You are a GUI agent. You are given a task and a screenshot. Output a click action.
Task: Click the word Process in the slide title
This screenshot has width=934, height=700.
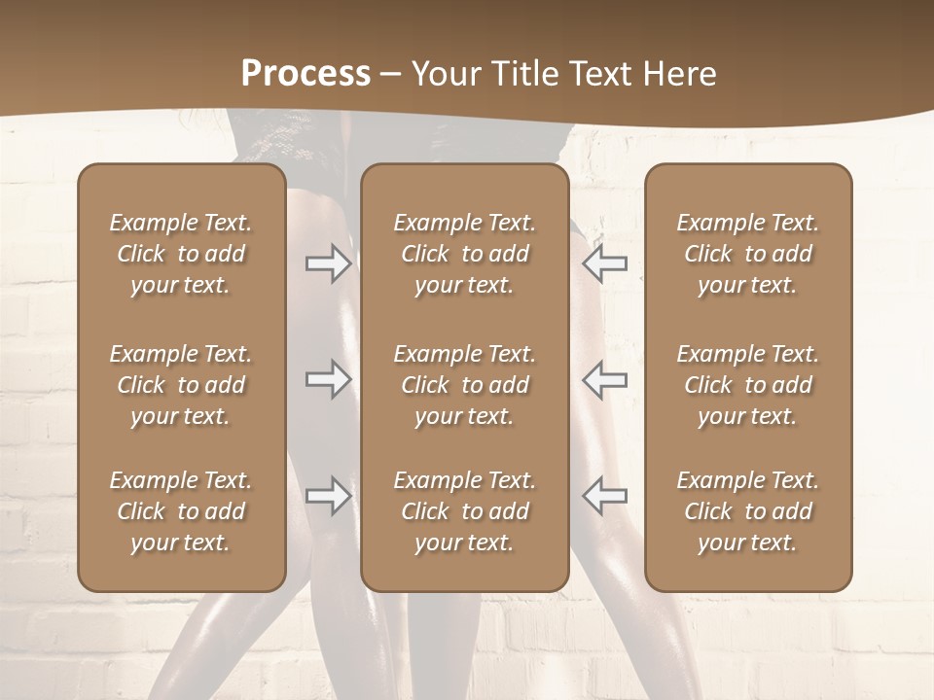click(x=305, y=74)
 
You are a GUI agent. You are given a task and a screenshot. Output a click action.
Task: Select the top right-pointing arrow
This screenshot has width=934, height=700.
click(x=328, y=263)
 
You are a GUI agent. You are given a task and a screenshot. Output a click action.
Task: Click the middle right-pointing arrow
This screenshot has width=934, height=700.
click(x=328, y=379)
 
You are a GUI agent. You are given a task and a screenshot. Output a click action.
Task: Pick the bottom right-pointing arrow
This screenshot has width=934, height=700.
click(x=328, y=496)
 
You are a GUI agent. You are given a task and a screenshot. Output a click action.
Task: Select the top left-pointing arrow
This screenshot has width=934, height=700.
click(x=605, y=263)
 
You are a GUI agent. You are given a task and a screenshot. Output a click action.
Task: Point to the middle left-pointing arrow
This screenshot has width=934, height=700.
click(x=605, y=379)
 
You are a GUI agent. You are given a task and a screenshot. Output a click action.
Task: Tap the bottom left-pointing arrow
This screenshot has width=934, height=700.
click(x=605, y=496)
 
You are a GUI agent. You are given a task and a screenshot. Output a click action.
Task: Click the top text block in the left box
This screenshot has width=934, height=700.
click(x=181, y=254)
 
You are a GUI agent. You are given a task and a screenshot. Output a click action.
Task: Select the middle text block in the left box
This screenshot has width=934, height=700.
click(x=181, y=385)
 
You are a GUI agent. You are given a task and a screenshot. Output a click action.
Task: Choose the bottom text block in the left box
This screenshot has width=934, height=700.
click(x=181, y=511)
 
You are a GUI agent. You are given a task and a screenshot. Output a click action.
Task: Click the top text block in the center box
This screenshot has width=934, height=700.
click(x=464, y=254)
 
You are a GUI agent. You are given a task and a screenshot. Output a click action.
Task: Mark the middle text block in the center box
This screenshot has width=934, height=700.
click(x=464, y=385)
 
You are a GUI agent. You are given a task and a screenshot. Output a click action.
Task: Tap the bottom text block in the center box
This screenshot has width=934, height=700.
click(x=464, y=511)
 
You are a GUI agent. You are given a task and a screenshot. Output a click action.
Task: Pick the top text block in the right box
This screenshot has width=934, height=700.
click(x=747, y=254)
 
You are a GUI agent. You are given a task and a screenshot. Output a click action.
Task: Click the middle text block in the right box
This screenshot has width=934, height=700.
click(x=747, y=385)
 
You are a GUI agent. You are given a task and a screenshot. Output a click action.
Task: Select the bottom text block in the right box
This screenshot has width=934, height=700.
click(x=747, y=511)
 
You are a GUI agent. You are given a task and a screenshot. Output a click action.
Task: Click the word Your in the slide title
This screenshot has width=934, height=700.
click(x=443, y=74)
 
